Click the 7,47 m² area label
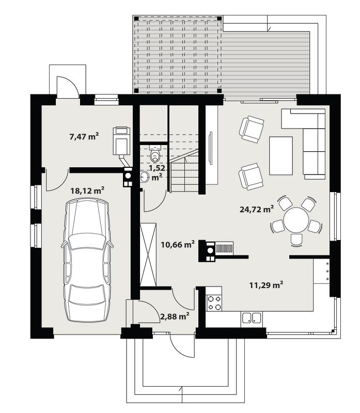[x=84, y=136]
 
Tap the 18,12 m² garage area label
[x=87, y=190]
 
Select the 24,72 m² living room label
[x=257, y=209]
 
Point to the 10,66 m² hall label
[x=178, y=244]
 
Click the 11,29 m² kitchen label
[x=266, y=285]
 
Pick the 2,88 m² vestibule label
[x=175, y=316]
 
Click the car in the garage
[x=87, y=260]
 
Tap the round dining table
[x=296, y=220]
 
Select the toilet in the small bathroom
[x=155, y=153]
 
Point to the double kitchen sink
[x=252, y=317]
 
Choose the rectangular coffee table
[x=281, y=156]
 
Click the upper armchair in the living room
[x=252, y=130]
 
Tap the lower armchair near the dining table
[x=251, y=177]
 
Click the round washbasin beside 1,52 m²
[x=145, y=176]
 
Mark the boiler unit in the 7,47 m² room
[x=121, y=140]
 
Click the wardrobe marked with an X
[x=148, y=255]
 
